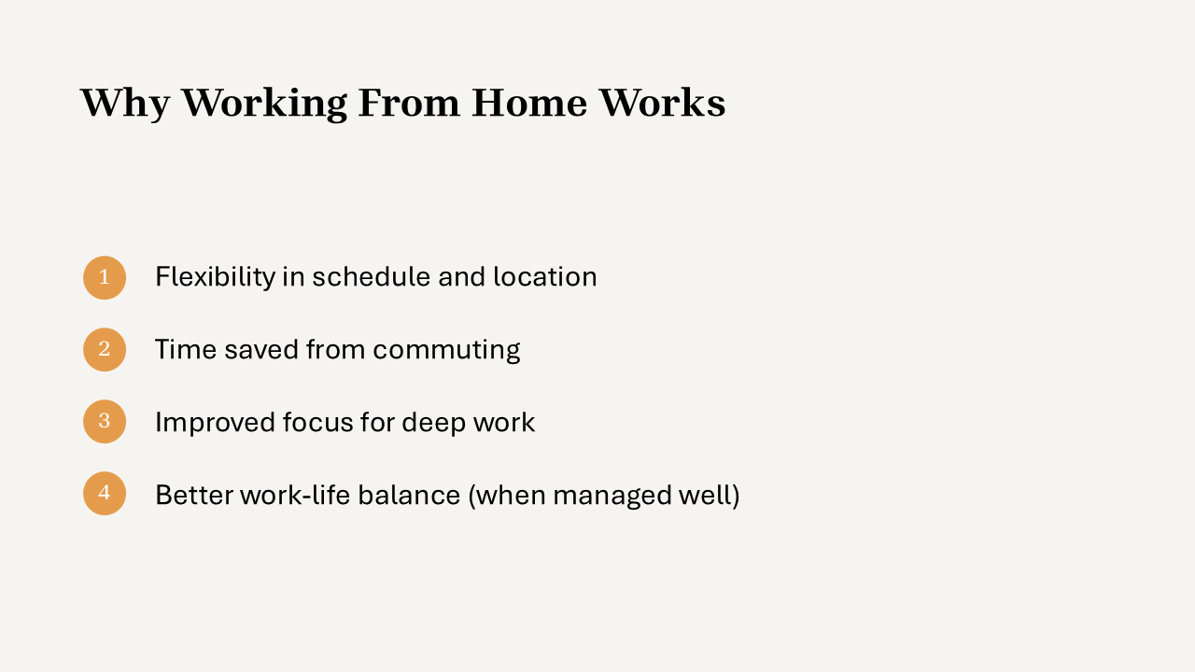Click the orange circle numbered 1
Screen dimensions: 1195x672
click(x=105, y=277)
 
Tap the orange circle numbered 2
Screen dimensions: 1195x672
click(x=105, y=349)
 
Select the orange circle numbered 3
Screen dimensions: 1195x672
click(x=105, y=421)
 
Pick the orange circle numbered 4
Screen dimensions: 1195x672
click(x=105, y=494)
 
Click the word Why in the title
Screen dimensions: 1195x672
click(x=125, y=104)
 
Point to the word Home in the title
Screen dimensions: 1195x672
click(x=529, y=103)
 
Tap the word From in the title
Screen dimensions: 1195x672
click(x=409, y=103)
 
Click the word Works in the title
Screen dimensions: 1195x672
click(x=662, y=103)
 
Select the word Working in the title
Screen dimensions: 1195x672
click(x=264, y=104)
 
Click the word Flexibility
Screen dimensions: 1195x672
click(x=215, y=277)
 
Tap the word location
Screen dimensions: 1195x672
click(x=544, y=276)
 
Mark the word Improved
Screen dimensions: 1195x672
click(x=214, y=424)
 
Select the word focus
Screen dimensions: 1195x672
click(x=318, y=423)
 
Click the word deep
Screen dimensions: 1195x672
click(x=433, y=424)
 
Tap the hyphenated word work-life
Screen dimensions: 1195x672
click(x=295, y=495)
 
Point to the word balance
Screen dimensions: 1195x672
click(x=409, y=495)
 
